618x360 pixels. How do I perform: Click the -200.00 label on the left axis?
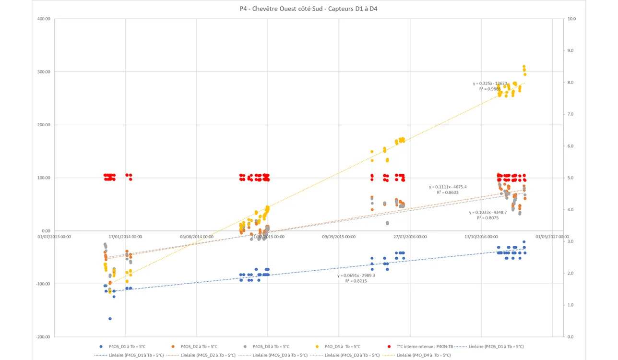click(x=43, y=337)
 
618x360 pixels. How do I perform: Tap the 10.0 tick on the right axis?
click(x=571, y=19)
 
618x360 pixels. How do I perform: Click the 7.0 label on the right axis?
click(x=571, y=114)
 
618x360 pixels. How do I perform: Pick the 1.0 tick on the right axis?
click(x=571, y=305)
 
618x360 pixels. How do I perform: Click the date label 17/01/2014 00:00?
click(x=125, y=237)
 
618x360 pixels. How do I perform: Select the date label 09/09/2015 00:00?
click(x=339, y=237)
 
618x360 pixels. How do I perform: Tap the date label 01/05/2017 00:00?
click(x=552, y=237)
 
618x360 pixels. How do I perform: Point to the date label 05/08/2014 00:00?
click(x=196, y=237)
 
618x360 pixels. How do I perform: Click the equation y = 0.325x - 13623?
click(x=490, y=84)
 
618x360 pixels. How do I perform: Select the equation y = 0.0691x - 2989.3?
click(x=356, y=276)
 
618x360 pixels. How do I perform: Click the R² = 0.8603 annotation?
click(x=447, y=192)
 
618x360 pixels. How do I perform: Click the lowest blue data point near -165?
click(x=110, y=319)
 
